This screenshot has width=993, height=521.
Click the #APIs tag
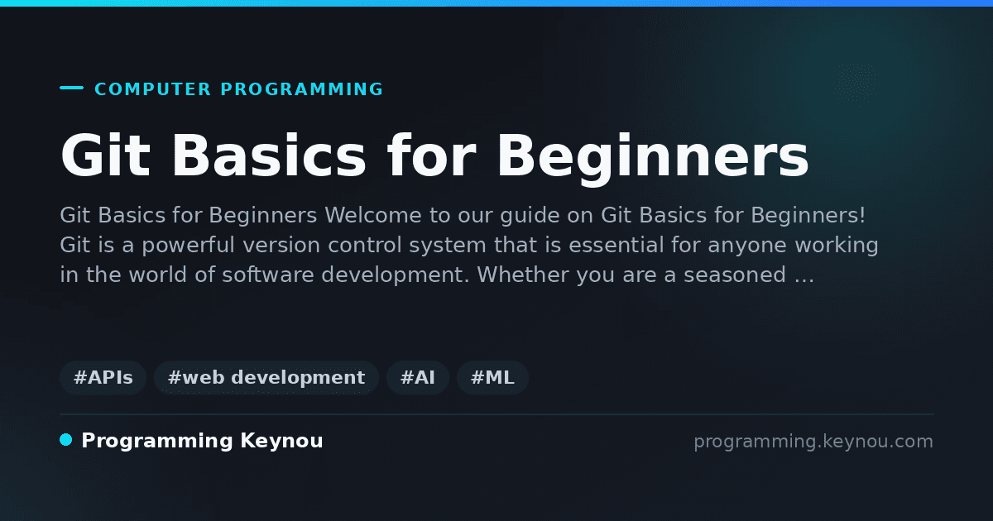point(103,377)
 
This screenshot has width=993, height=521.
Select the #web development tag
point(266,377)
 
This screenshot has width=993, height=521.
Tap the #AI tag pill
point(418,377)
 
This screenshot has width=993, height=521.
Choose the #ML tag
point(492,377)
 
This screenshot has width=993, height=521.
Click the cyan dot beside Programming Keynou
point(66,440)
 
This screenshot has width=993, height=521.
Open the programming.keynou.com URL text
point(813,442)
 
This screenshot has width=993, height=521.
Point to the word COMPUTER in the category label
point(152,89)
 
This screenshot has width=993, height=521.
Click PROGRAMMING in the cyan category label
point(301,89)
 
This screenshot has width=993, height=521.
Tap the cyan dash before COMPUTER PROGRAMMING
point(71,88)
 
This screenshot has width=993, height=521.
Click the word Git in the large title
point(106,155)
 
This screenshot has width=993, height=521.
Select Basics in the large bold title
point(269,155)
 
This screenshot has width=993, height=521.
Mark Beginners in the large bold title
point(653,159)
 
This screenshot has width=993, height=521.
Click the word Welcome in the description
point(373,215)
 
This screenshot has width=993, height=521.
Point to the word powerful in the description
point(188,246)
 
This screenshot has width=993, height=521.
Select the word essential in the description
point(616,245)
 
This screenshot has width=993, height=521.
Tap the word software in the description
point(268,275)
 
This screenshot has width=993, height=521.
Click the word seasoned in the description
point(735,275)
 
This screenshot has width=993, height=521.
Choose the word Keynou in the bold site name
point(281,441)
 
